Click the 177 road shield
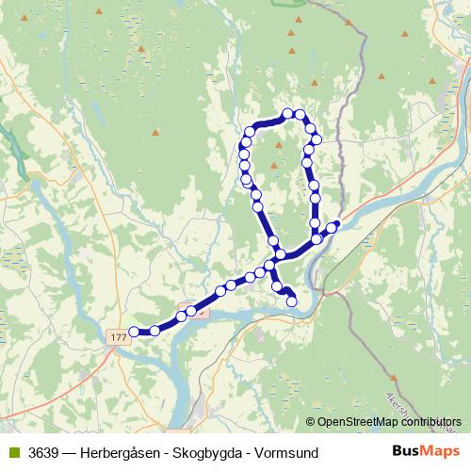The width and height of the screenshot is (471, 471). point(118,336)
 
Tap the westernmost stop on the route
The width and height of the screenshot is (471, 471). point(134,332)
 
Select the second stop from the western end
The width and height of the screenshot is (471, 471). point(154,331)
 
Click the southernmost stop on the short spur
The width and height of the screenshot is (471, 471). point(292,301)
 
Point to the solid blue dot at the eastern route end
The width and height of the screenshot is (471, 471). point(337,223)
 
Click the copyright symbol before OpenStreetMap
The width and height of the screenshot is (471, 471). point(310,422)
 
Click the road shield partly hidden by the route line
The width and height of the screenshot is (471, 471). point(198,310)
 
